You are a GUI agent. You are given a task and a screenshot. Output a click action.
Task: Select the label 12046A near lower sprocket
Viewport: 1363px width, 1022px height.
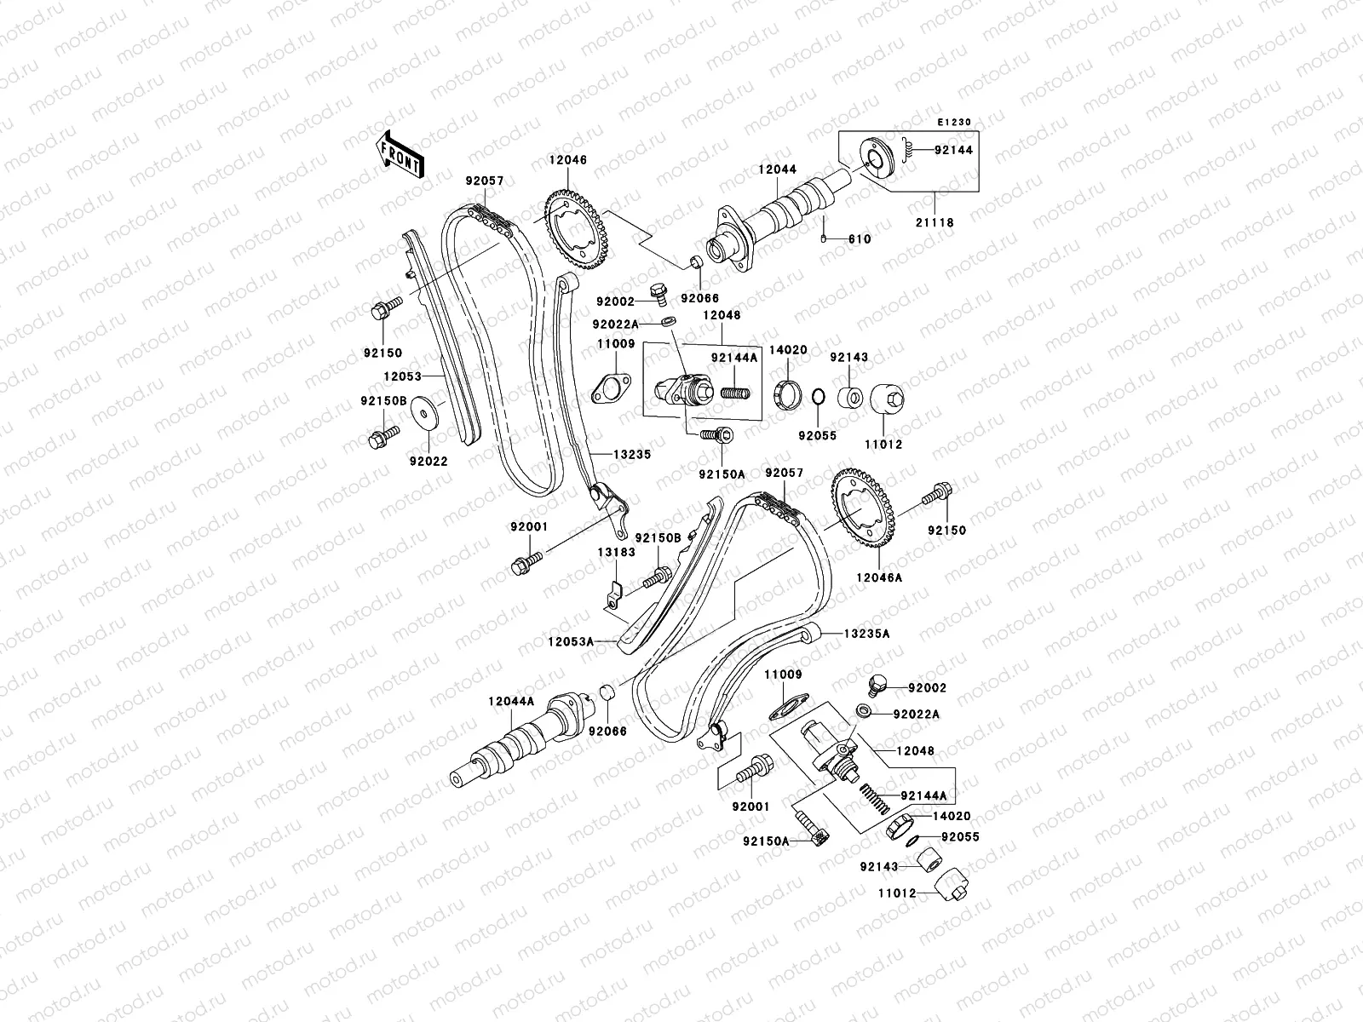(881, 577)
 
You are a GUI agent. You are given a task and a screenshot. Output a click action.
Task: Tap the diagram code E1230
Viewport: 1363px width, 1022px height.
(953, 123)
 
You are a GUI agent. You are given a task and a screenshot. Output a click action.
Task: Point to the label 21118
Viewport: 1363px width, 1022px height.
(935, 223)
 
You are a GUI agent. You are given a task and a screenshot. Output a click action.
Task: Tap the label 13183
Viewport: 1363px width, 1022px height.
(616, 552)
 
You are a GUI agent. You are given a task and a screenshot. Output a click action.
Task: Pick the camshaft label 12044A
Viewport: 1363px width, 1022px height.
(511, 701)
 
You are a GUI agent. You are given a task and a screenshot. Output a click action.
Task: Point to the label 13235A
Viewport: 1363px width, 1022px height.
(867, 634)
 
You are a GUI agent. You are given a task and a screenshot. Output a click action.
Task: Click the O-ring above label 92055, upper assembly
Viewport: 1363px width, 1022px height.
(816, 397)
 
